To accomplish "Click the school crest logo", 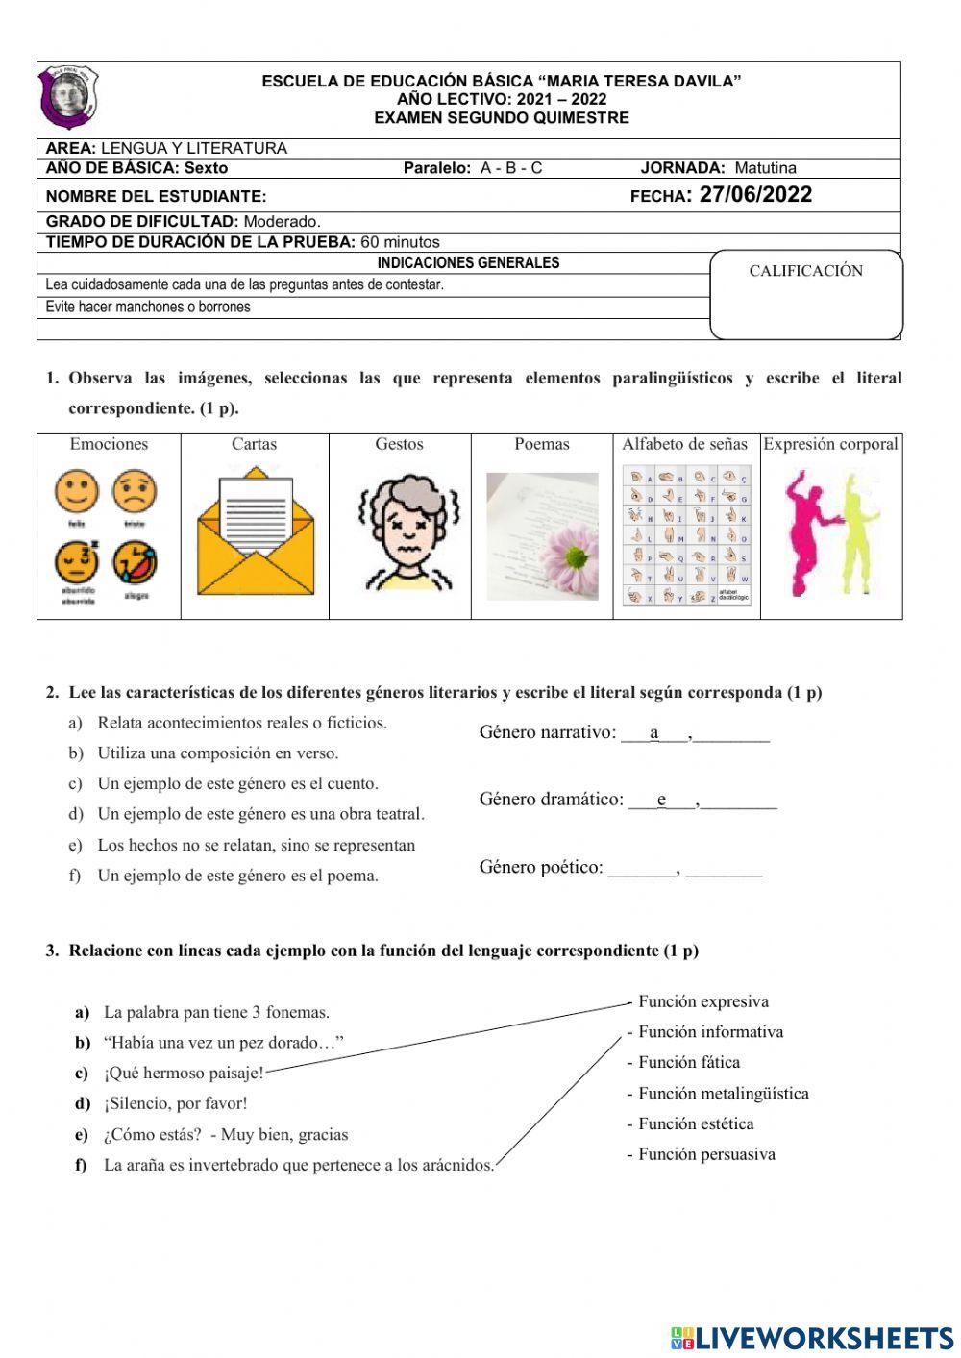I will [x=68, y=98].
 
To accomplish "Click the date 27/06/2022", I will [x=755, y=195].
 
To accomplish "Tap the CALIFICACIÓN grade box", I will [x=805, y=295].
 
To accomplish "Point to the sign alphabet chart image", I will [x=686, y=535].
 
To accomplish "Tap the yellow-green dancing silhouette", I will [x=854, y=531].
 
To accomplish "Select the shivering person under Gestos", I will [x=408, y=532].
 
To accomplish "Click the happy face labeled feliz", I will [x=76, y=493].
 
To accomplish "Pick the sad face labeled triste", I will [x=135, y=492].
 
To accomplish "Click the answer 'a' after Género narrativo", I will [x=654, y=733].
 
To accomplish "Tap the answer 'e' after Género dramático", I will [x=661, y=800].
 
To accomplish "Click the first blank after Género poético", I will [x=641, y=869].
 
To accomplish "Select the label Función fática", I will [x=688, y=1063].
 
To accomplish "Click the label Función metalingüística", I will [x=723, y=1094].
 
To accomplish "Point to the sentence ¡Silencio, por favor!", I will [x=175, y=1103].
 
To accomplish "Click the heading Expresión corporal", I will [x=830, y=444].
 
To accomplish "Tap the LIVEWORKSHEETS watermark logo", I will [x=812, y=1338].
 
